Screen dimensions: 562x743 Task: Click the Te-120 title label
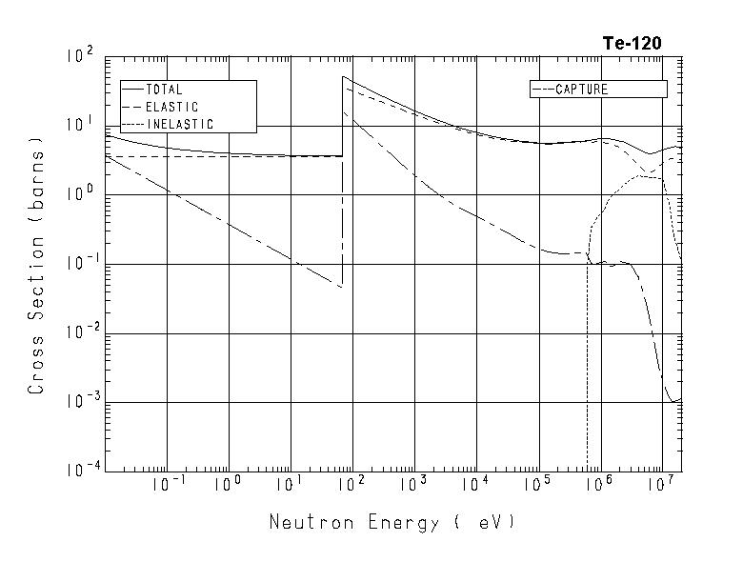pyautogui.click(x=632, y=43)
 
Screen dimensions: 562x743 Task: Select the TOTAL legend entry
pyautogui.click(x=164, y=90)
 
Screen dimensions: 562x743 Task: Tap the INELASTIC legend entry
pyautogui.click(x=179, y=124)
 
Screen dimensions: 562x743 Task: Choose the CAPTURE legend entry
pyautogui.click(x=581, y=90)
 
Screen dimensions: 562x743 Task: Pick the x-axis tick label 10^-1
pyautogui.click(x=165, y=484)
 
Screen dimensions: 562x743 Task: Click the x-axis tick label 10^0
pyautogui.click(x=228, y=484)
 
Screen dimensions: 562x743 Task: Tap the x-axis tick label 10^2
pyautogui.click(x=351, y=484)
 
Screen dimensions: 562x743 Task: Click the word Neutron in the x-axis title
pyautogui.click(x=305, y=522)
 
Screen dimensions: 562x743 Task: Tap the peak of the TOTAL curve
pyautogui.click(x=343, y=77)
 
